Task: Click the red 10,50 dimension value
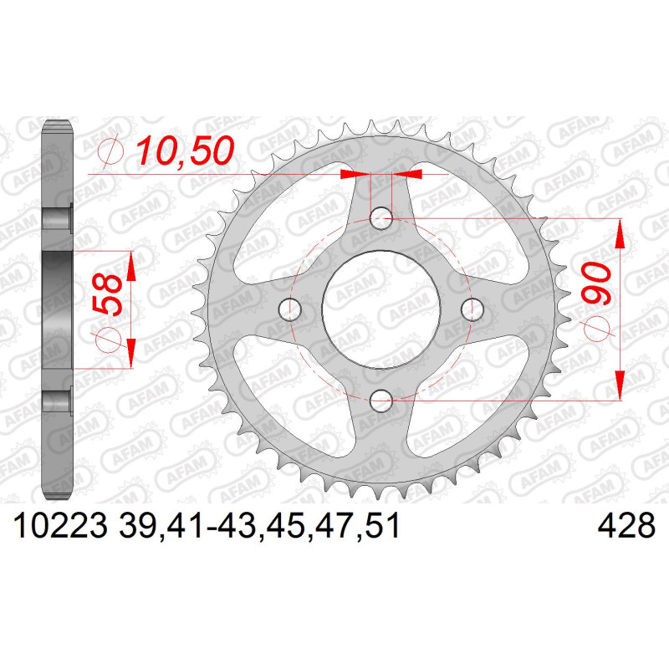[185, 151]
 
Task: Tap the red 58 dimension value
[107, 294]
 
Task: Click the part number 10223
[60, 525]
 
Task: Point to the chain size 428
[626, 525]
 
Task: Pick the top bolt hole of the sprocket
[381, 218]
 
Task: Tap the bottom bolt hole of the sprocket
[381, 401]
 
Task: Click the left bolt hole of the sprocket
[289, 309]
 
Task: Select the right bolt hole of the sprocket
[472, 309]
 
